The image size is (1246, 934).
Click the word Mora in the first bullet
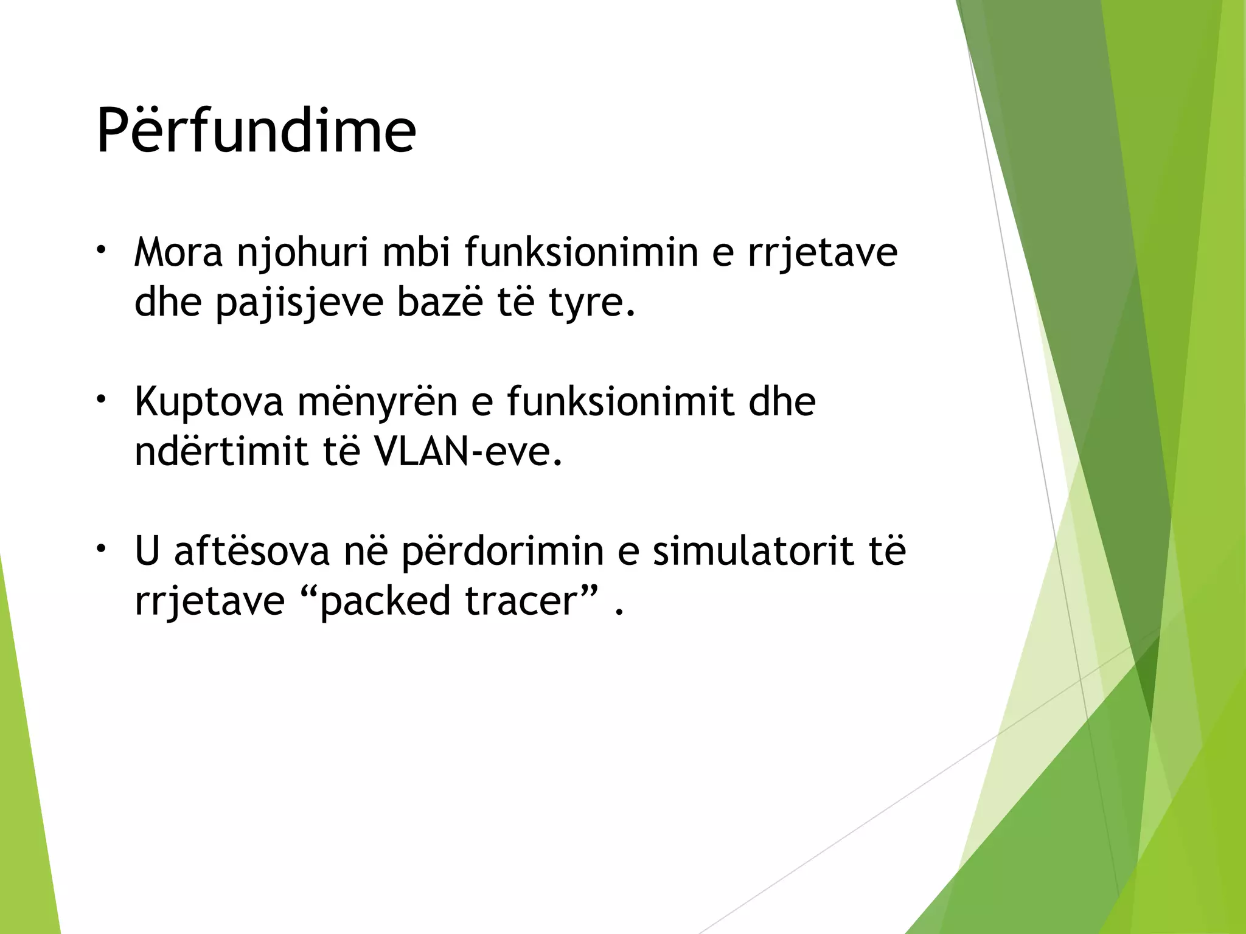tap(179, 252)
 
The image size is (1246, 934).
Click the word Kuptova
tap(209, 403)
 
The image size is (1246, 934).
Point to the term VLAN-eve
tap(468, 452)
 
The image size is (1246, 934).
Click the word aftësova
tap(252, 550)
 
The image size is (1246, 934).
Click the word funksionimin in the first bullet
tap(582, 252)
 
